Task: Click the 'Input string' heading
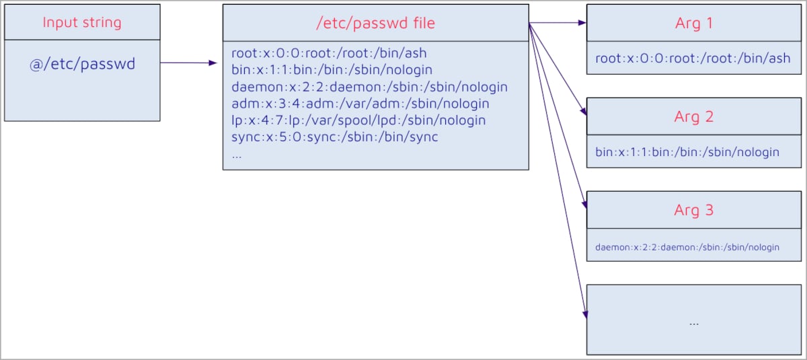[x=82, y=22]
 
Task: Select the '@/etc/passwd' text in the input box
[x=82, y=64]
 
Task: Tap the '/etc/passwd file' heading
[x=375, y=24]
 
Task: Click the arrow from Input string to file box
[x=188, y=63]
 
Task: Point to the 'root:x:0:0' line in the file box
[x=329, y=53]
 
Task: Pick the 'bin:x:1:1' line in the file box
[x=332, y=70]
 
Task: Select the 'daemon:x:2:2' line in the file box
[x=369, y=87]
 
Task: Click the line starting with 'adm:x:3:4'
[x=360, y=104]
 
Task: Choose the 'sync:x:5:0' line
[x=334, y=137]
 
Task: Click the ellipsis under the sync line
[x=236, y=154]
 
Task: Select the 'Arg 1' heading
[x=693, y=24]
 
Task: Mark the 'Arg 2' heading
[x=693, y=117]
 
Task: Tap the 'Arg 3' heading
[x=693, y=210]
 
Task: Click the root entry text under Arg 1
[x=693, y=59]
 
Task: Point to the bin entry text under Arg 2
[x=687, y=152]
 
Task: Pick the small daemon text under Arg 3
[x=687, y=247]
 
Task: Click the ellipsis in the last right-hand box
[x=694, y=322]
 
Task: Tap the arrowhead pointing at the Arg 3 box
[x=584, y=202]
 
